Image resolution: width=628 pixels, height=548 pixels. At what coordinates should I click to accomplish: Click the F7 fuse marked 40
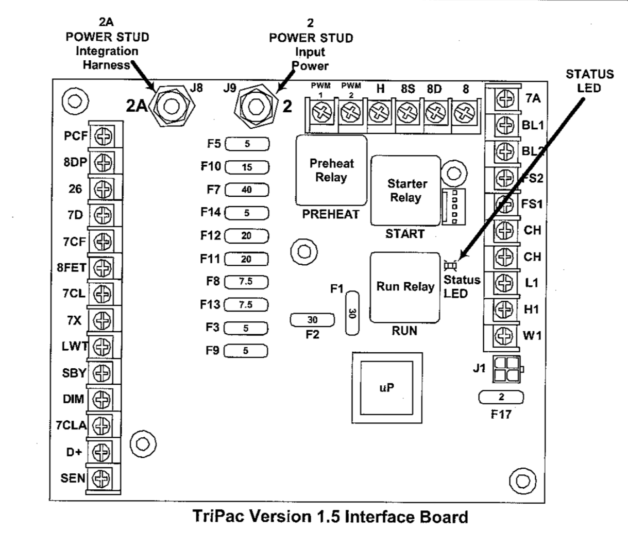(x=247, y=190)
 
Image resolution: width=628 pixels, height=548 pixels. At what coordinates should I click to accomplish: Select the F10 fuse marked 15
(x=247, y=167)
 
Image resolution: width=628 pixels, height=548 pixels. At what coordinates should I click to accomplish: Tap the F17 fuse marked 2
(x=501, y=398)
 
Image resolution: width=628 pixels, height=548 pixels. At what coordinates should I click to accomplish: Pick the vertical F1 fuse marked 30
(x=352, y=313)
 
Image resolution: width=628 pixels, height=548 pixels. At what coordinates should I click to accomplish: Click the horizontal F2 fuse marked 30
(x=312, y=320)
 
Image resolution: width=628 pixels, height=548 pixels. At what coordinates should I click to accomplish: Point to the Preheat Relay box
(x=331, y=170)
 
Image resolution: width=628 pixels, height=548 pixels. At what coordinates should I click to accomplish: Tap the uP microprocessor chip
(x=387, y=388)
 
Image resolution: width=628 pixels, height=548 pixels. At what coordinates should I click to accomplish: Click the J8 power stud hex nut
(x=171, y=106)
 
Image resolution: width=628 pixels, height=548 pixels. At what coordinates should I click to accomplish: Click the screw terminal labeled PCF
(x=104, y=136)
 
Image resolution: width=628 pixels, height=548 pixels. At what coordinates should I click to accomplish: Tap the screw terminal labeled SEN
(x=101, y=478)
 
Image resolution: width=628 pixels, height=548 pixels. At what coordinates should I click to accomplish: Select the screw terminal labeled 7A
(x=505, y=98)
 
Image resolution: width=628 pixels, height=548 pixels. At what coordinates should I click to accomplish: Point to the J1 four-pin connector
(x=505, y=369)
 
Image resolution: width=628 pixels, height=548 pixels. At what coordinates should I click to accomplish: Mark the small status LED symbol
(x=450, y=266)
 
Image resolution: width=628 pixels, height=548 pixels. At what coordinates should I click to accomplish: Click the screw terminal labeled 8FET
(x=104, y=267)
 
